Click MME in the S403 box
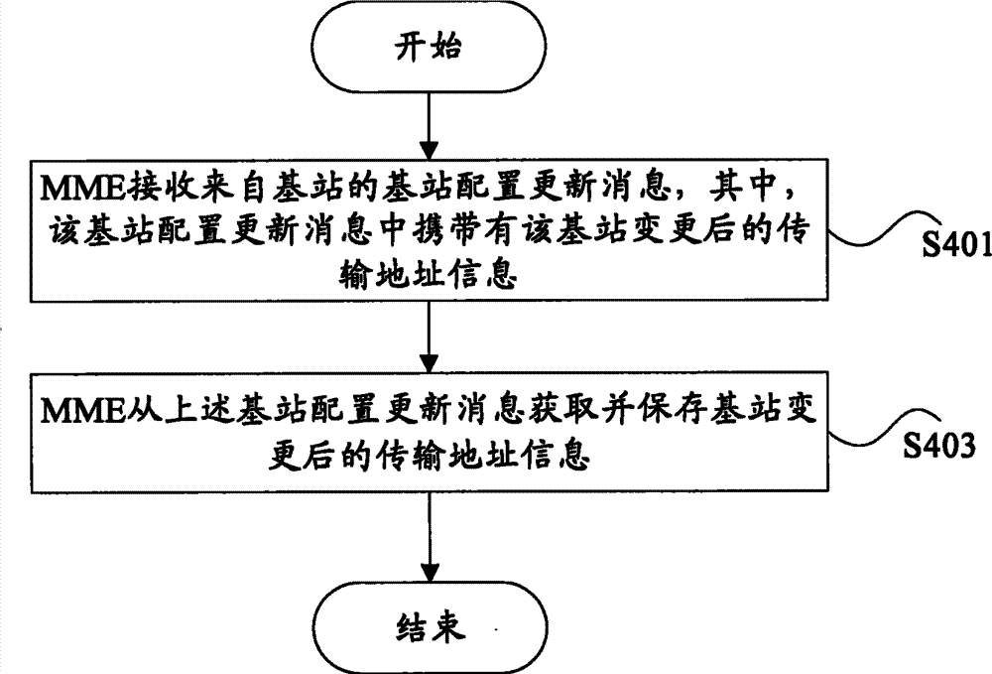(80, 409)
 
